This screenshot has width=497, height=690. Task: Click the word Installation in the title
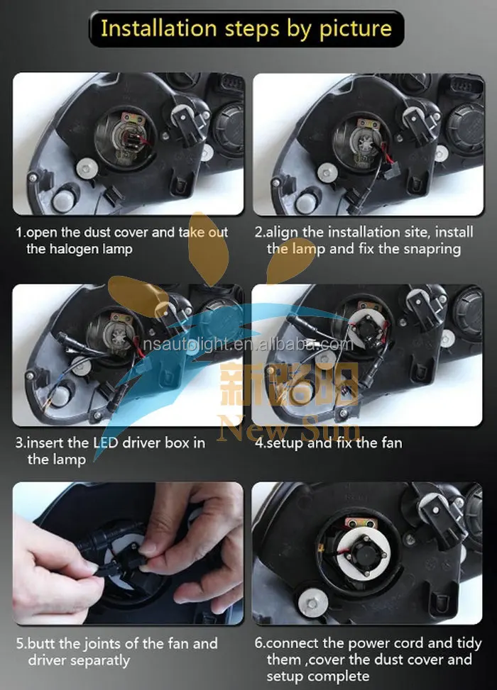click(x=158, y=28)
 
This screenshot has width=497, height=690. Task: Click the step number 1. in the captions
click(x=21, y=233)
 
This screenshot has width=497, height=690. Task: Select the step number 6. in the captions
click(x=260, y=643)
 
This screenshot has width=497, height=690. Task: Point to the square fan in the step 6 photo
click(x=366, y=552)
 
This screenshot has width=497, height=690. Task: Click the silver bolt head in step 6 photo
click(x=312, y=603)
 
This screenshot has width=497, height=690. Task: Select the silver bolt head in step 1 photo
click(x=87, y=169)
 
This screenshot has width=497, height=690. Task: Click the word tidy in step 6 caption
click(x=469, y=644)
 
